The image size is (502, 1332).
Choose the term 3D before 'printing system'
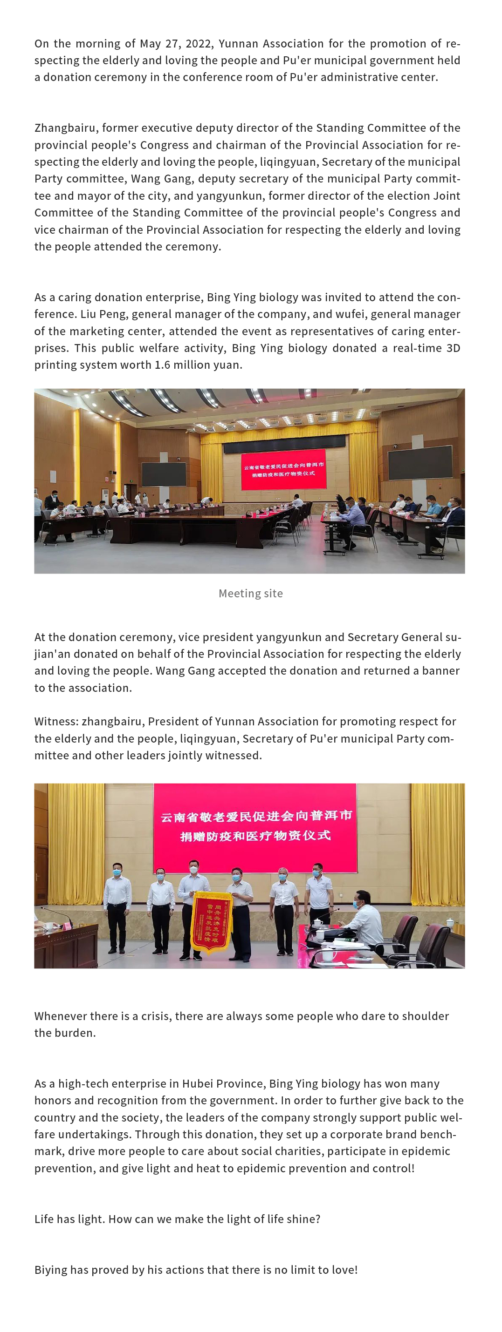pos(453,348)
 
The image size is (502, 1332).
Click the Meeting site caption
pos(250,594)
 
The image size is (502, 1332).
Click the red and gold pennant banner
pos(211,921)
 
